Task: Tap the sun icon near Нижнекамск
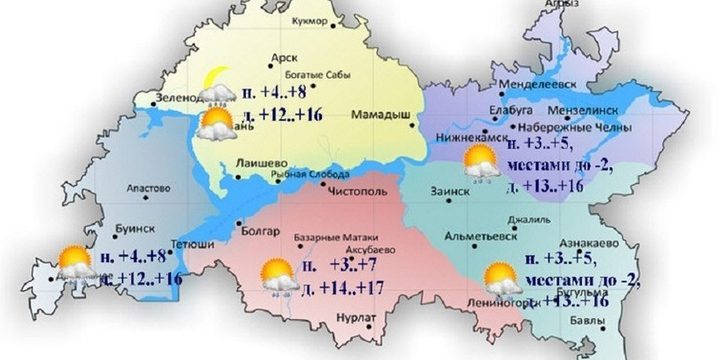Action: click(x=480, y=160)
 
